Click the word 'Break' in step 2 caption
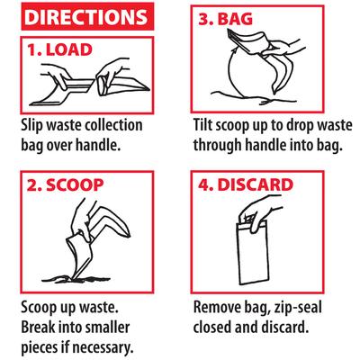click(40, 325)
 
